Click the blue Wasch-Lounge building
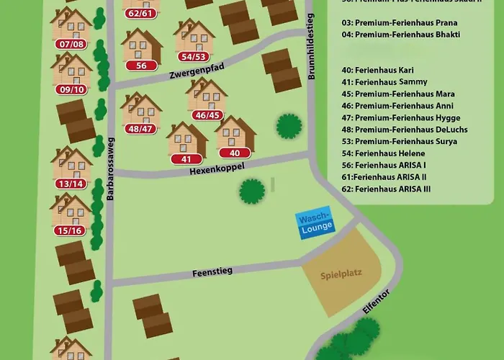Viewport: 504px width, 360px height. click(x=315, y=222)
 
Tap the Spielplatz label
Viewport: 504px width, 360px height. click(x=341, y=274)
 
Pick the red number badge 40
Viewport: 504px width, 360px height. click(x=234, y=153)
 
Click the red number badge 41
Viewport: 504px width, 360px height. click(x=186, y=159)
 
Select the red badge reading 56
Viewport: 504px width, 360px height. click(x=141, y=66)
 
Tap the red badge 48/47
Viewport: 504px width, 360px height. click(x=140, y=130)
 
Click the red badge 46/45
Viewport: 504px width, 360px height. click(x=207, y=114)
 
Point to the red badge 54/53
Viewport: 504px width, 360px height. click(x=194, y=56)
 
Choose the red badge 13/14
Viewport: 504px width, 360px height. click(x=71, y=184)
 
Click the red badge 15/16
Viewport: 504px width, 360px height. click(x=71, y=230)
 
